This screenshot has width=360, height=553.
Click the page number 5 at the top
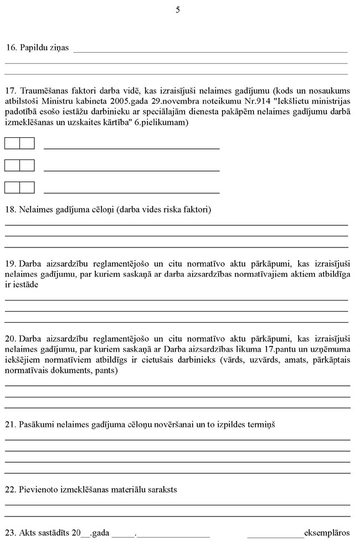(178, 10)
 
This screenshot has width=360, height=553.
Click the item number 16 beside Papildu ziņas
(11, 48)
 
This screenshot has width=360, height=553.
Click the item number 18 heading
(11, 210)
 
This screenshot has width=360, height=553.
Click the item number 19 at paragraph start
(11, 263)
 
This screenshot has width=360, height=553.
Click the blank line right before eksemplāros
(275, 534)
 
